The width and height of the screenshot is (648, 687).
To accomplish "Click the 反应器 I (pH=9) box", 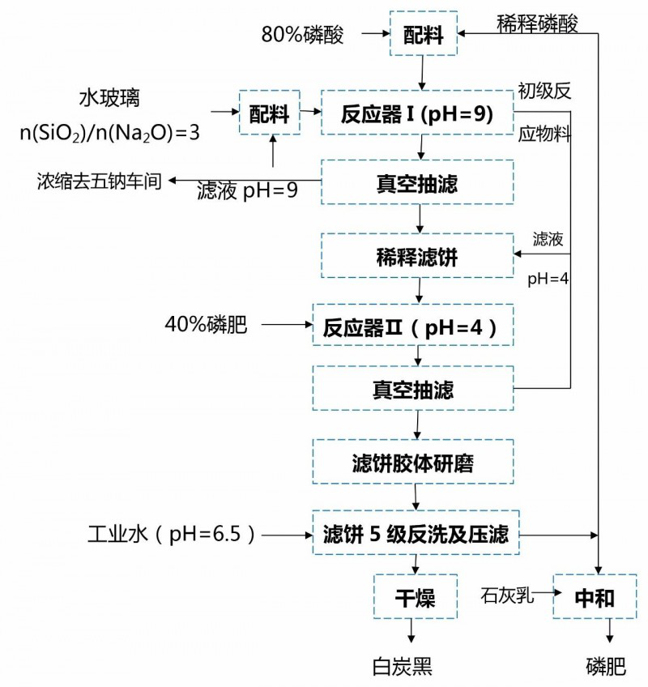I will coord(417,114).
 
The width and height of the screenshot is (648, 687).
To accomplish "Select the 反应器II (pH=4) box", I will coord(413,327).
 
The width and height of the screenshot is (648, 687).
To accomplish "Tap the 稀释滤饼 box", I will coord(417,255).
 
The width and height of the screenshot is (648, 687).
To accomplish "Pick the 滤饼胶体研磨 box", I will coord(413,463).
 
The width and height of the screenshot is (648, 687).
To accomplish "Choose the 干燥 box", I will coord(415,599).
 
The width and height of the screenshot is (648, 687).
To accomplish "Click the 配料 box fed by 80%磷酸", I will coord(423,34).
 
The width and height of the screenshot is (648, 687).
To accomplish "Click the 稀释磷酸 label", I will coord(538,23).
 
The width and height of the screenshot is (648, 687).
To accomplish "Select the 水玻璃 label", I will coord(109,99).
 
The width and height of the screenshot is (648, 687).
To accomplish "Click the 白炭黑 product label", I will coord(403,667).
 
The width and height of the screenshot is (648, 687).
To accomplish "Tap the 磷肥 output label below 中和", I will coord(607,667).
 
